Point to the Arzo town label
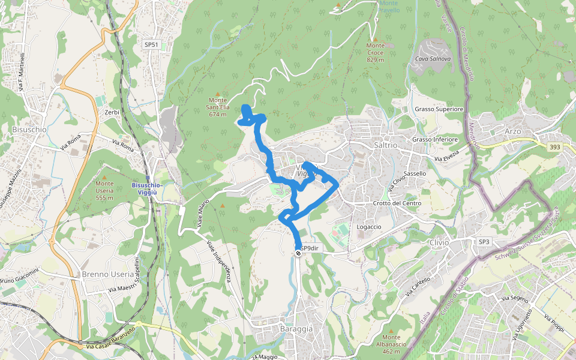(x=514, y=131)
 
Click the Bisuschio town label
(x=29, y=129)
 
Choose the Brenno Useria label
(x=108, y=274)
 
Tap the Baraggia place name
(x=296, y=329)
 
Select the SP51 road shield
(x=151, y=45)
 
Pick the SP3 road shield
(x=484, y=242)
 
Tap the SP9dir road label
(x=312, y=248)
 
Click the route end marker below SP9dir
(x=298, y=254)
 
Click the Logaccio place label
(x=369, y=227)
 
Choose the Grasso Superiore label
(x=439, y=109)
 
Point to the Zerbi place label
(x=112, y=112)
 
